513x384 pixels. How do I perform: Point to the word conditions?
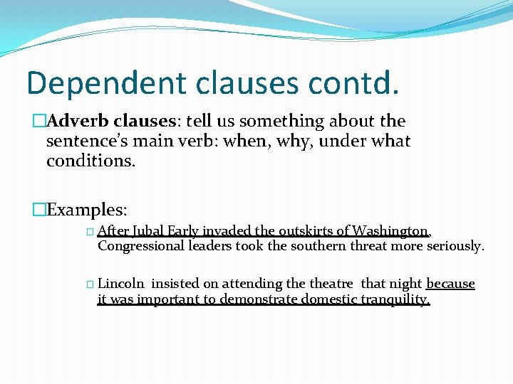coord(90,161)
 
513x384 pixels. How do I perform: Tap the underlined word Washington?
coord(390,231)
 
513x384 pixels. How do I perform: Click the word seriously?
coord(455,246)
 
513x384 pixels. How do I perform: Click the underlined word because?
coord(450,284)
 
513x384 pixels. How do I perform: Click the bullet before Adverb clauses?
coord(38,122)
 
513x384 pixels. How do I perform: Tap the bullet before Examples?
coord(38,210)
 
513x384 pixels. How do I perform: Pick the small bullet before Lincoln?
coord(89,284)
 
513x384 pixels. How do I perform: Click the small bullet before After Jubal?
coord(89,232)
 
